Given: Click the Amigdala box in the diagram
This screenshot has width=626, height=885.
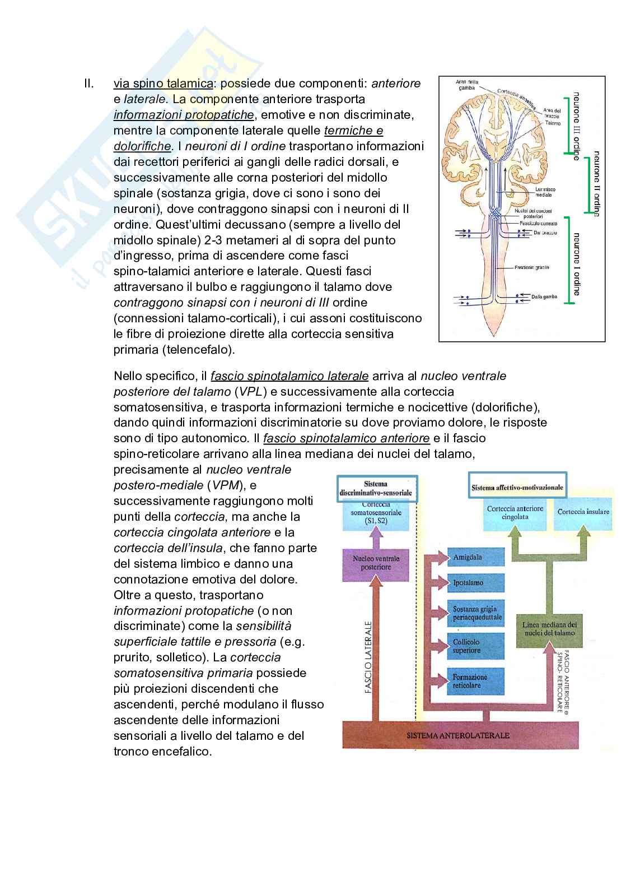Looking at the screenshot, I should tap(475, 558).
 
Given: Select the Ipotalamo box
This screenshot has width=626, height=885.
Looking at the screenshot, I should tap(475, 583).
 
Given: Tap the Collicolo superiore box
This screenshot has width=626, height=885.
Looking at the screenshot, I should tap(475, 646).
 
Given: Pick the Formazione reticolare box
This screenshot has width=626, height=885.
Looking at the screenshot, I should tap(475, 680).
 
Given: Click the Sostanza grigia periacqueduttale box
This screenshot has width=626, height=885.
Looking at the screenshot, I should tap(475, 613).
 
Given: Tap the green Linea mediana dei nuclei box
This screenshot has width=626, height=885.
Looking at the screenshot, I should tap(549, 628).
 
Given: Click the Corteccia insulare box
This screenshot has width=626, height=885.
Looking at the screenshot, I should tap(579, 512).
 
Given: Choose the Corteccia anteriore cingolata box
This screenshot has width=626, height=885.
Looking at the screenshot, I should tap(515, 513).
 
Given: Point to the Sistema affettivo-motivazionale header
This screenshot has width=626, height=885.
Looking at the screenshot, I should tap(516, 488).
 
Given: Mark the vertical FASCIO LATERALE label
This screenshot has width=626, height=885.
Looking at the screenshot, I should tap(368, 656).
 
